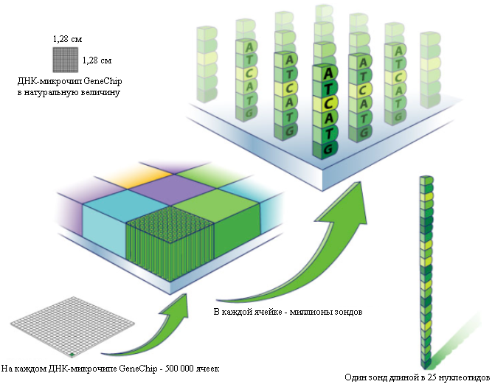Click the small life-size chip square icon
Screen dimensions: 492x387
[x=65, y=60]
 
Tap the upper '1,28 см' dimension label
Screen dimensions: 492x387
[x=67, y=39]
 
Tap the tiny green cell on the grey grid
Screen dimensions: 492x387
[x=72, y=355]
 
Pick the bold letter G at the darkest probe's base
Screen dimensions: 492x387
[x=328, y=148]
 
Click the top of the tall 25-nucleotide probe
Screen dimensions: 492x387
[x=427, y=180]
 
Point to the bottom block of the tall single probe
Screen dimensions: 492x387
[x=427, y=363]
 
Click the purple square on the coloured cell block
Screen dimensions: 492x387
[x=172, y=187]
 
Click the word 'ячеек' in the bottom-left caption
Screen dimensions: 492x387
[x=207, y=369]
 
